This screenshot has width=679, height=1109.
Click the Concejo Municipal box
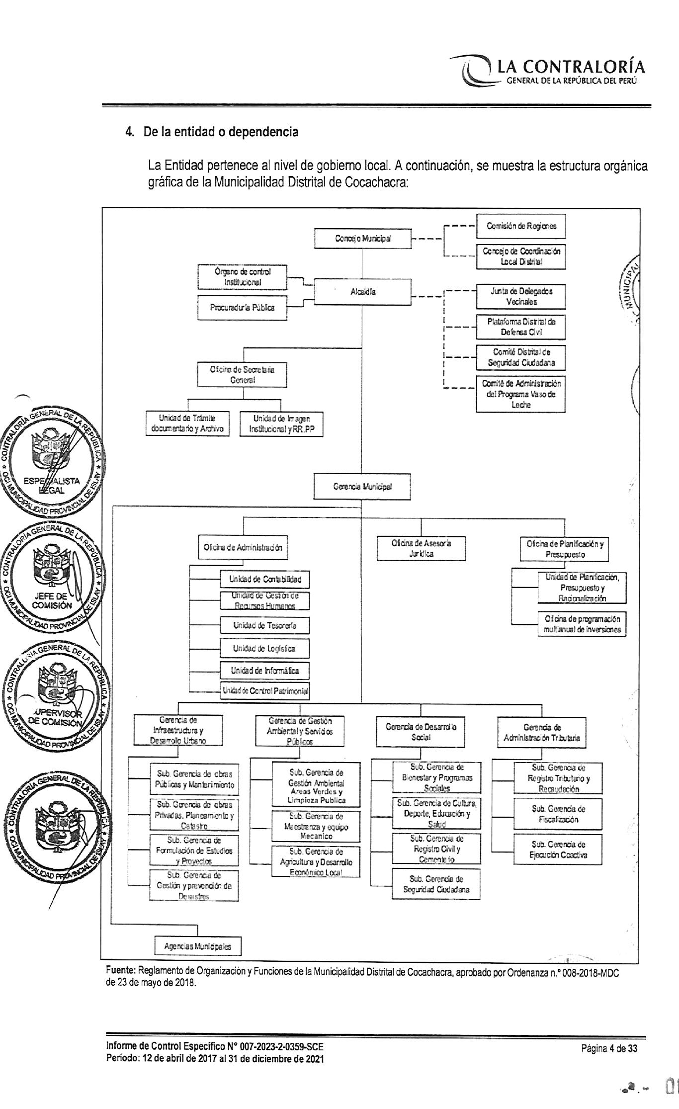(x=362, y=239)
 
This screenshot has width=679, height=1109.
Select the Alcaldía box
(x=363, y=292)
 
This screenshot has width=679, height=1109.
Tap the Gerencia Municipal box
(x=362, y=486)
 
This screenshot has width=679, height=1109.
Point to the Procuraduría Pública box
(x=242, y=308)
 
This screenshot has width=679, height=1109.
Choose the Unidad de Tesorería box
(x=264, y=625)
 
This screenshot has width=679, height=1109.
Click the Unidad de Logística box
(x=264, y=648)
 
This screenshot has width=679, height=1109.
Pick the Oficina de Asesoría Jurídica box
(x=421, y=548)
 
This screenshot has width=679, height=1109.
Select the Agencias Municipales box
(x=197, y=946)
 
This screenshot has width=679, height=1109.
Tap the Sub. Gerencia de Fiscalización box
(x=558, y=814)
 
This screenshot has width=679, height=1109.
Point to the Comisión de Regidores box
(x=521, y=226)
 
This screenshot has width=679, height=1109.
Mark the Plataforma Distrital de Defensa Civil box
(x=521, y=327)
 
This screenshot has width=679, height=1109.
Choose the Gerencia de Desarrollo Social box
(x=421, y=732)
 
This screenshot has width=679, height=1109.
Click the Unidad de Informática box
(x=264, y=671)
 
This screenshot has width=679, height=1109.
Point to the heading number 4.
(x=129, y=132)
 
